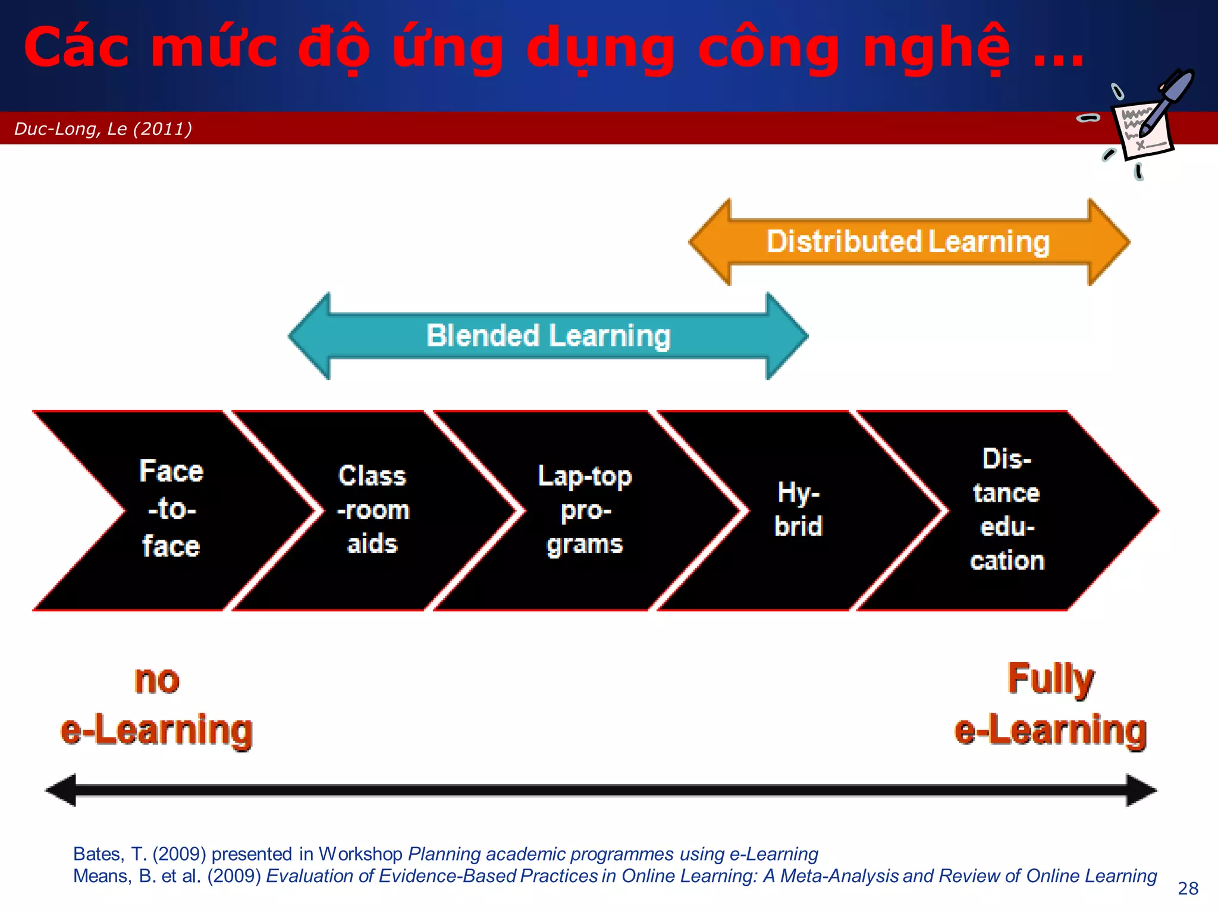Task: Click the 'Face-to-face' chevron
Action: click(171, 509)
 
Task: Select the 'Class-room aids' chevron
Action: click(373, 509)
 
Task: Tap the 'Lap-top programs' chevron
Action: click(585, 509)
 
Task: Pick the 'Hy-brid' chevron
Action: click(798, 509)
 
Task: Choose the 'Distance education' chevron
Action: click(1007, 509)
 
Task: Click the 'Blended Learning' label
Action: click(548, 336)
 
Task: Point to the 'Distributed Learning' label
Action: click(908, 242)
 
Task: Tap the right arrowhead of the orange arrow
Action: click(1109, 242)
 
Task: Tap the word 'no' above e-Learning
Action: click(156, 679)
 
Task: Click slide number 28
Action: click(1188, 888)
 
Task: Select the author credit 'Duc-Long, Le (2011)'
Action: click(103, 128)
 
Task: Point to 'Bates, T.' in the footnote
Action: click(109, 854)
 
